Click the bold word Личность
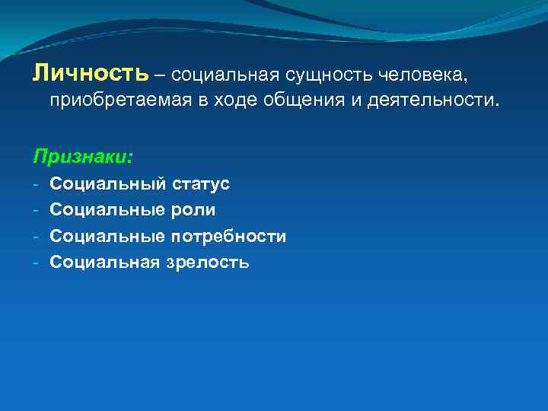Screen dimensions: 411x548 (90, 73)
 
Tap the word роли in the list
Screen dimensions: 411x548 (194, 210)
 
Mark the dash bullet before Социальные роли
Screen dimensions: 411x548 (37, 210)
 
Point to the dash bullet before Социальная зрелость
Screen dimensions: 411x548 (37, 263)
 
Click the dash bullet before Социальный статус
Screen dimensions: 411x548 (37, 184)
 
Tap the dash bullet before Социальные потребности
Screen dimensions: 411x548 (37, 237)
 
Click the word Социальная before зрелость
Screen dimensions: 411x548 (105, 263)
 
